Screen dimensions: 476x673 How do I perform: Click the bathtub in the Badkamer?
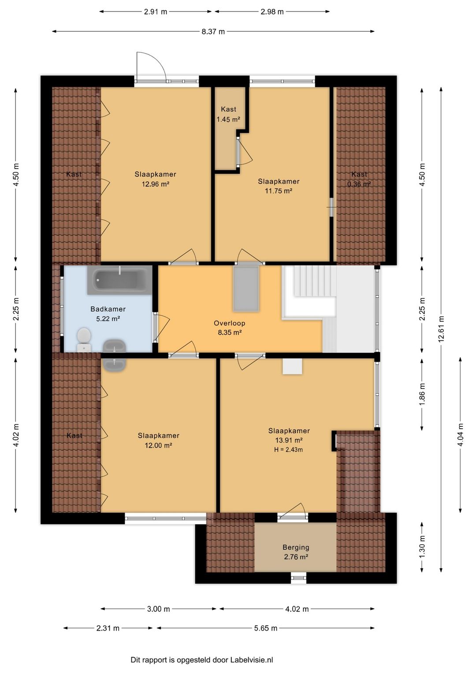[119, 280]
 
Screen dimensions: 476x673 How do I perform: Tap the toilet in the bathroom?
[84, 340]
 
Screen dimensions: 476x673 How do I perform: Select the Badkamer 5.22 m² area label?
[108, 314]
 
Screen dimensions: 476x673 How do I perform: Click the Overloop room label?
[230, 323]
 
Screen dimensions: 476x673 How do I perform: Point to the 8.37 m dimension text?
[213, 32]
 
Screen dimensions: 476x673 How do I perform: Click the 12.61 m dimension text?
[441, 329]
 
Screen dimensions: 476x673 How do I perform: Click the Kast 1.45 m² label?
[229, 114]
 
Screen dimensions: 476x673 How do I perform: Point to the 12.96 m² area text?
[156, 184]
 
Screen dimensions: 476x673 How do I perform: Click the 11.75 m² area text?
[279, 191]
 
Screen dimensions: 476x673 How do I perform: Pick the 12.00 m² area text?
[158, 445]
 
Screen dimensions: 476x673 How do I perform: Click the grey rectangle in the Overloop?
[246, 288]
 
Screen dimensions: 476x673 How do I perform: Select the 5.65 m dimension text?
[266, 628]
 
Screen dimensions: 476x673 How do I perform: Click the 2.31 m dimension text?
[108, 628]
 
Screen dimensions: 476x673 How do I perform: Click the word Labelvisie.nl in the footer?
[252, 660]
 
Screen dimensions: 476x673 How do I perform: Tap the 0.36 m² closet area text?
[359, 184]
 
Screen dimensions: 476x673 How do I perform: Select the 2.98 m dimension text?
[272, 12]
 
